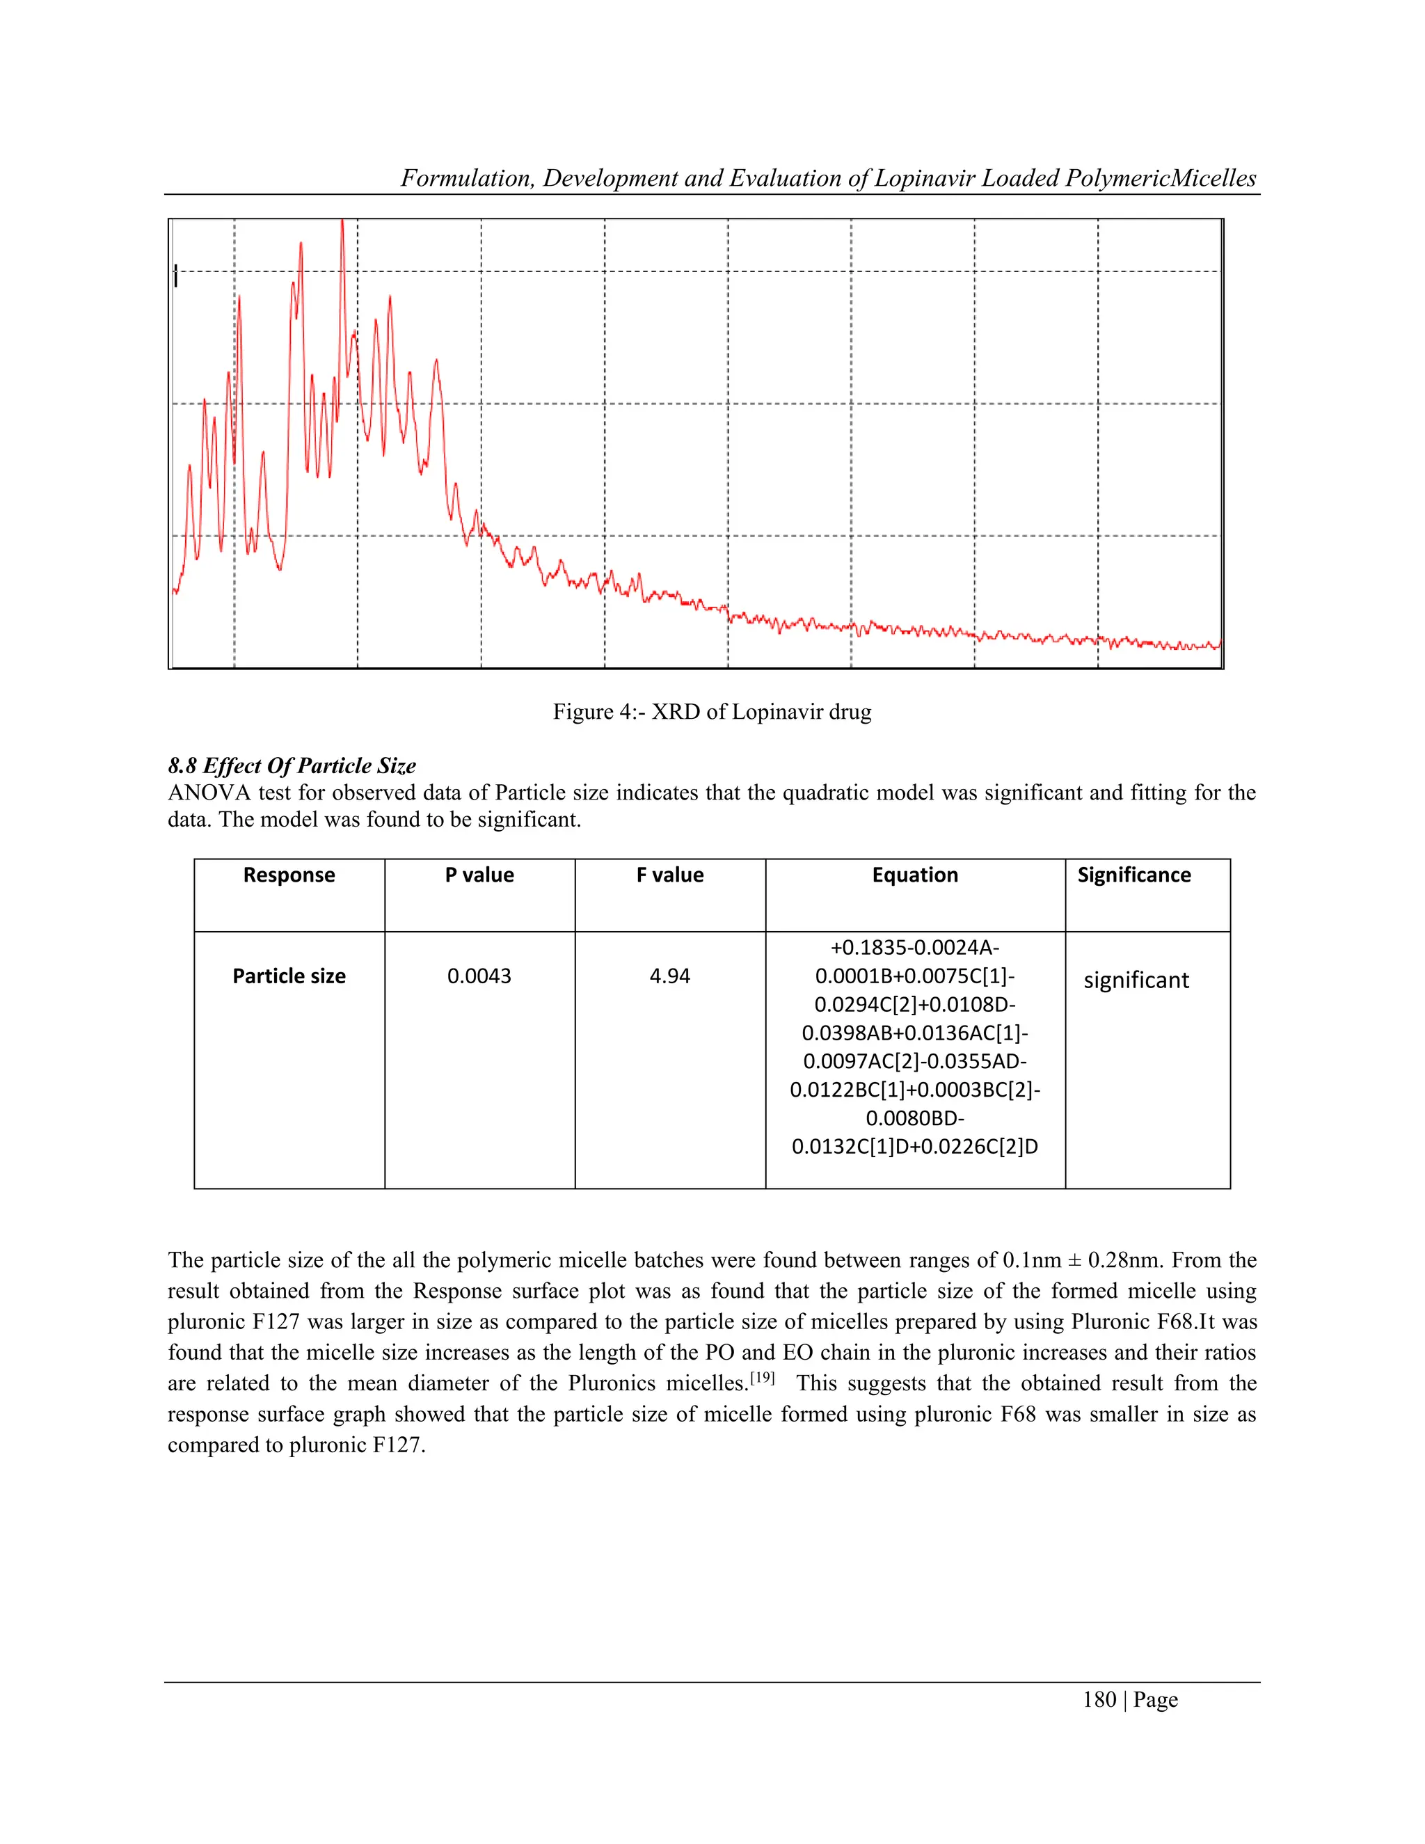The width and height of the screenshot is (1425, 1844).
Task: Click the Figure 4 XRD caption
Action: tap(712, 712)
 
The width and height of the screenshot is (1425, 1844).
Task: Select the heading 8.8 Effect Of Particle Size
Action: tap(292, 766)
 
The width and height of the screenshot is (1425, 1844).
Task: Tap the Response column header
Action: tap(289, 875)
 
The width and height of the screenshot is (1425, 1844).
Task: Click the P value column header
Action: tap(479, 875)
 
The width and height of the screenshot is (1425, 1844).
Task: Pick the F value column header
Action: tap(669, 875)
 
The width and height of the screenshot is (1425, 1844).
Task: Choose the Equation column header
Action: tap(915, 875)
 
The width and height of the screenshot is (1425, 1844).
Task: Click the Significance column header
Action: tap(1133, 875)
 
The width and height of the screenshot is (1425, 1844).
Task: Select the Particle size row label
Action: tap(289, 976)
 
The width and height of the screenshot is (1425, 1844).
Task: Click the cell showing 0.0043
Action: tap(479, 976)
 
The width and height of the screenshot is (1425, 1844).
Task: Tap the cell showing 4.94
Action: tap(669, 976)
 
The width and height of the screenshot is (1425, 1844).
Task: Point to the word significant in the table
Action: tap(1136, 980)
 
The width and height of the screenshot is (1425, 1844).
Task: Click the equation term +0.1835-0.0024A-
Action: tap(915, 947)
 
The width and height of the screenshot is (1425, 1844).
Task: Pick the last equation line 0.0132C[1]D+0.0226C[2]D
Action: tap(915, 1147)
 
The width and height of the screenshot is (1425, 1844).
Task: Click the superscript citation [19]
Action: tap(763, 1378)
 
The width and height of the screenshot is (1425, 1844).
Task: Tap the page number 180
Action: tap(1099, 1700)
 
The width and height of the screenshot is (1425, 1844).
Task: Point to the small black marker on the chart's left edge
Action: tap(175, 276)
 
